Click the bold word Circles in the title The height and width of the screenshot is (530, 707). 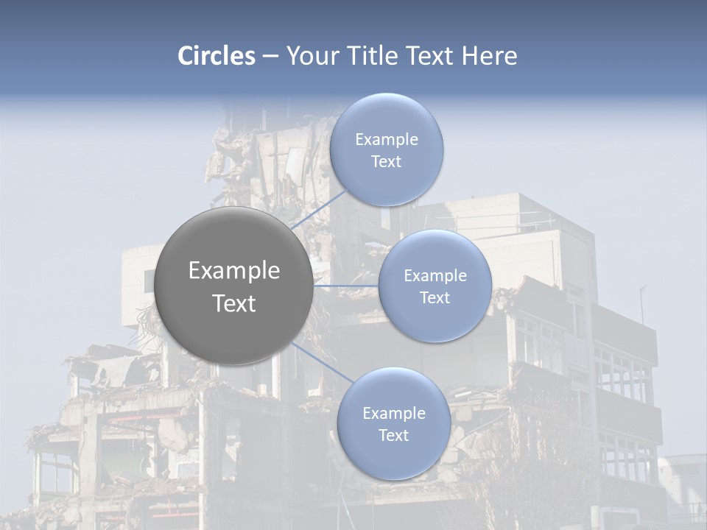click(216, 56)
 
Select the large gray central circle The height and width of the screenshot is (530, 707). click(233, 286)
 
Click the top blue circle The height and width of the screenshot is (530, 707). click(386, 150)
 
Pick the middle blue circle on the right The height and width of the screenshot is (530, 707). click(435, 286)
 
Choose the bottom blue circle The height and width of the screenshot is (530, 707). click(393, 424)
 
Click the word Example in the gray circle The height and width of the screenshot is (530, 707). click(233, 271)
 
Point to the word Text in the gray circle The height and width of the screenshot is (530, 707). click(233, 303)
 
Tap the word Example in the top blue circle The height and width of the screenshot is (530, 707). click(386, 140)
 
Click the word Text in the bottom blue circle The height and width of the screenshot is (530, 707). click(393, 435)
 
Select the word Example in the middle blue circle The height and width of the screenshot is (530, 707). click(435, 276)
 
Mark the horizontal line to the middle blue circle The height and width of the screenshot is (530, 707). click(345, 286)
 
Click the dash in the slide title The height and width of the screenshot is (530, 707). click(270, 57)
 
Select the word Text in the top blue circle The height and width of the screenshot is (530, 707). click(386, 161)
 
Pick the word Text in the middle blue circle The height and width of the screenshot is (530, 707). click(435, 297)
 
